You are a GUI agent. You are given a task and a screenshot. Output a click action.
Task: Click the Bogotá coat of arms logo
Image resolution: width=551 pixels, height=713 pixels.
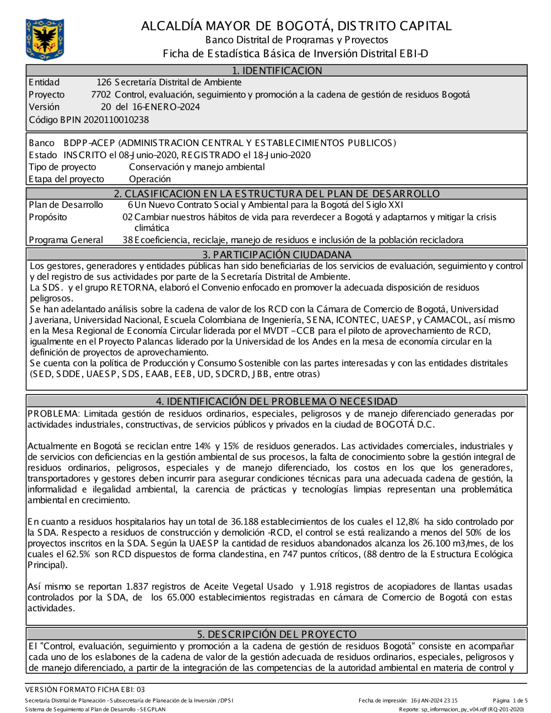pos(45,39)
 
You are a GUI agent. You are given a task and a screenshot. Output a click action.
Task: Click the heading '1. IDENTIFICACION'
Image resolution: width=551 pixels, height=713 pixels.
pos(277,71)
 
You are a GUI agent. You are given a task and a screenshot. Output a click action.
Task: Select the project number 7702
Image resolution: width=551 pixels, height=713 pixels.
pos(101,95)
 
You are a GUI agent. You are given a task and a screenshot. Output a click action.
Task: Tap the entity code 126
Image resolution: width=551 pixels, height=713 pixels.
pos(104,83)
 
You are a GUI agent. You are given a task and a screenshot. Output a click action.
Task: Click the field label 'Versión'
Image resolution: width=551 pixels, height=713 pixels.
pos(44,107)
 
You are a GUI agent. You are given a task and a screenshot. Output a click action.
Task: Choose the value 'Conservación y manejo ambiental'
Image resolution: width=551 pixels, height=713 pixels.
pos(197,167)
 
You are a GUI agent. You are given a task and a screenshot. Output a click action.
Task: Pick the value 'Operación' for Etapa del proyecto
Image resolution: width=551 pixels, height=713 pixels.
pos(150,179)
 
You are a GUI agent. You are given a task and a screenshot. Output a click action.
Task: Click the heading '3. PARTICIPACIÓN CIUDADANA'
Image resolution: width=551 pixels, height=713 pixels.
pos(277,255)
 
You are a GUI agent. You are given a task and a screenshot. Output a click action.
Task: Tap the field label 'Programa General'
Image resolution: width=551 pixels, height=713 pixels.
pos(66,240)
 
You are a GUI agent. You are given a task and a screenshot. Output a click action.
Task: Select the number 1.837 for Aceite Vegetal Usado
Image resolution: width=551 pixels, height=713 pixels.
pos(138,587)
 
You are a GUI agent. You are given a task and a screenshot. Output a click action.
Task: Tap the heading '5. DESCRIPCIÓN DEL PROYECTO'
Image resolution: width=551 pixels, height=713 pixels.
pos(277,634)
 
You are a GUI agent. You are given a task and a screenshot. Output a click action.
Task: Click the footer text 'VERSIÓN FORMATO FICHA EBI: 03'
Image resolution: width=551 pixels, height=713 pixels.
pos(85,689)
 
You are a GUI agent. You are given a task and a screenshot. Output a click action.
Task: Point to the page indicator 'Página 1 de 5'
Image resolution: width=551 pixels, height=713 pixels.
pos(510,701)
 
